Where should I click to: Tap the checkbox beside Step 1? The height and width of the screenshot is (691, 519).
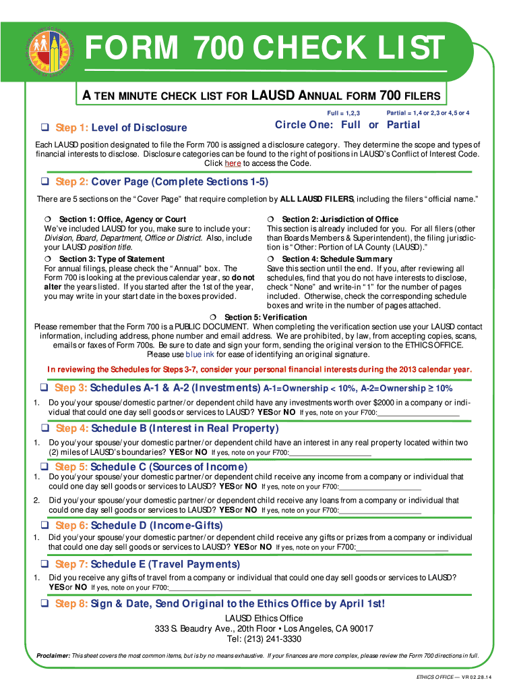point(45,128)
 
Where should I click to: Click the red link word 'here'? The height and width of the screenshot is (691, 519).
point(233,163)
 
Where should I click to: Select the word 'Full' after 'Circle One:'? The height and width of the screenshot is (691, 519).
point(350,125)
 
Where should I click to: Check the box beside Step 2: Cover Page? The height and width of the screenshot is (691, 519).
point(45,182)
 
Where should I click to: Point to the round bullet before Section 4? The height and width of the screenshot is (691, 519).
point(270,259)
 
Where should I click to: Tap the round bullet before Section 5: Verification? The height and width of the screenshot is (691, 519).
point(213,317)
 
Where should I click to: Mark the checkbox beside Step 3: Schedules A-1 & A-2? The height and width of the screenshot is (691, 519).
point(44,388)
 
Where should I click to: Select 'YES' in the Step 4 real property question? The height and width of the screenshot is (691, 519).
point(177,453)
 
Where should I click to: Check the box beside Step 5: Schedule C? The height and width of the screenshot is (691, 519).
point(44,467)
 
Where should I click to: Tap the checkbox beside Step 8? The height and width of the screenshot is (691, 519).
point(44,603)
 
